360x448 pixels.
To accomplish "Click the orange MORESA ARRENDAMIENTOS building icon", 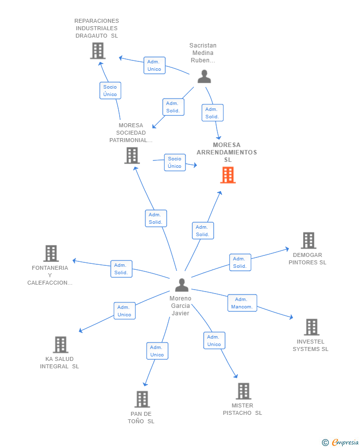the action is tap(228, 175).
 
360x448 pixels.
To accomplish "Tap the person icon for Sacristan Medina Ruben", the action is tap(204, 77).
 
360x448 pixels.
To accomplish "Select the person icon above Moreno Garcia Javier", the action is tap(182, 285).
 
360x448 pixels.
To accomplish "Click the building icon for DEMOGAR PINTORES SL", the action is tap(309, 240).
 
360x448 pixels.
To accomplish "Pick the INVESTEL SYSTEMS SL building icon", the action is tap(312, 327).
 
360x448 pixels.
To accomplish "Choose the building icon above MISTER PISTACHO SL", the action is tap(243, 391).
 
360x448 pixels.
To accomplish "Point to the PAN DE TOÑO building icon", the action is tap(142, 399).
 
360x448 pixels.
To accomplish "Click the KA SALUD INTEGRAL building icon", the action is tap(60, 345).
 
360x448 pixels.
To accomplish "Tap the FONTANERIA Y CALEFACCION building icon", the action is tap(51, 253).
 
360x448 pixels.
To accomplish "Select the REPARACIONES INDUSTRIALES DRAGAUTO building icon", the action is tap(98, 50).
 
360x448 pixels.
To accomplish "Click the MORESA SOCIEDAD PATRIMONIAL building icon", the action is tap(132, 155).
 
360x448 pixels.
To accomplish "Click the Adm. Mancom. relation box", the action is tap(242, 303).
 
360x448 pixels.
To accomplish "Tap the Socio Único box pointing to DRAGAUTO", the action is tap(110, 91).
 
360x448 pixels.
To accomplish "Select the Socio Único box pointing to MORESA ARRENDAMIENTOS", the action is tap(175, 162).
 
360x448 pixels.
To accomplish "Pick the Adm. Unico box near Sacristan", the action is tap(154, 65).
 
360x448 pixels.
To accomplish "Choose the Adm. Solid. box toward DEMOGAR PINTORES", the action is tap(240, 262).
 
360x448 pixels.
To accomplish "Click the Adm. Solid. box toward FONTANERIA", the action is tap(121, 269).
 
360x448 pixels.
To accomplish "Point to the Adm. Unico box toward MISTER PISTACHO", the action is tap(214, 341).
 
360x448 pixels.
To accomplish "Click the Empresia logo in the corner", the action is tap(340, 442).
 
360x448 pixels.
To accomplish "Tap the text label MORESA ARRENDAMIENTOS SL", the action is tap(227, 152).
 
